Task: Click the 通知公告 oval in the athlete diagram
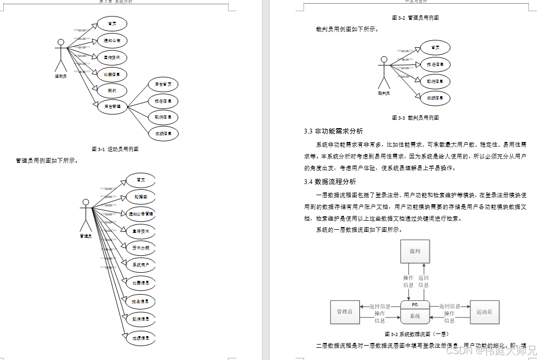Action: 112,40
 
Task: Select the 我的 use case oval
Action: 112,90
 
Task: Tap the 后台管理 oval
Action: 112,106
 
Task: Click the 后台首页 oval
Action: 163,84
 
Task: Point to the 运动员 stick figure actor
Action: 61,55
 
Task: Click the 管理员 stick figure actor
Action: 86,215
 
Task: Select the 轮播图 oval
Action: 140,197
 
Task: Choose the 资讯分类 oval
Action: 140,247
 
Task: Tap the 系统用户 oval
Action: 140,264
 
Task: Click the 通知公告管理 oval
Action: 140,214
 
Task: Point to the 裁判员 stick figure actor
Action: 384,73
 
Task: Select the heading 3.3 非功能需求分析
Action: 333,131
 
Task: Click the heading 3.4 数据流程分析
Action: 330,181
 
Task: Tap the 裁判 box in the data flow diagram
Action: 414,251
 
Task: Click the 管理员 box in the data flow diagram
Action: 344,312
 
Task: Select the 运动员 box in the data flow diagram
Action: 484,312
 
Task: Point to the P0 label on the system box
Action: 415,305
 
